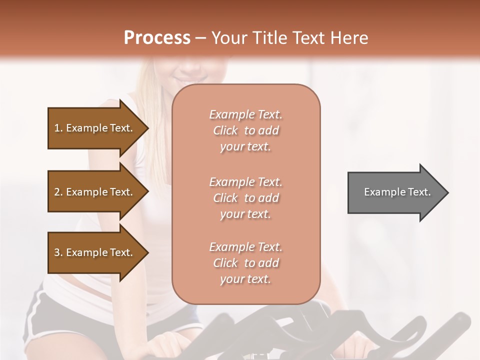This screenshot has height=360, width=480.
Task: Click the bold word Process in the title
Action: point(157,38)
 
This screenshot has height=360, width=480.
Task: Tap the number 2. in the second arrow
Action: point(58,192)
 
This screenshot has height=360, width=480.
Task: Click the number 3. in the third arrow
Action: point(58,252)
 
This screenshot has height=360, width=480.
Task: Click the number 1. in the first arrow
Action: point(58,128)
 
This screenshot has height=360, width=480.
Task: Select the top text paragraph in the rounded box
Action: point(245,130)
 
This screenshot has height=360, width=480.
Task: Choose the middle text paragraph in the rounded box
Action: point(245,198)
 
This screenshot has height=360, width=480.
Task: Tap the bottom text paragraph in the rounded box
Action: point(245,263)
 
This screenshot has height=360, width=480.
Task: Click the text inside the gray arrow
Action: point(397,192)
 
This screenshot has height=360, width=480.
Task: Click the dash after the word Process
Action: point(200,38)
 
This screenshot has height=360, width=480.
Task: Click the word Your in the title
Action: point(227,38)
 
